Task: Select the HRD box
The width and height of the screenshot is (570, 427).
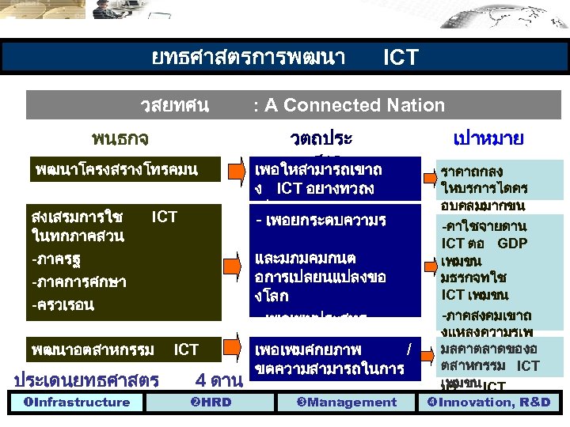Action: click(211, 402)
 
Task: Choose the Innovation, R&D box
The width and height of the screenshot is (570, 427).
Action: click(488, 402)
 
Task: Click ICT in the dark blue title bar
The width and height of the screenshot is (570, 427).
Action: click(400, 58)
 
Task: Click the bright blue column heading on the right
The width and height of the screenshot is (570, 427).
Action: click(488, 139)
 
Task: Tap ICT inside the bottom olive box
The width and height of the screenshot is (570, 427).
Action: click(186, 350)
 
